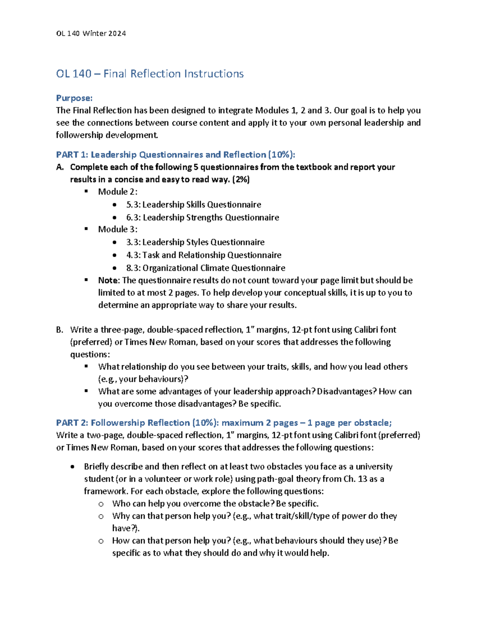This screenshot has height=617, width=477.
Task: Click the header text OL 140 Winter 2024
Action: pos(91,34)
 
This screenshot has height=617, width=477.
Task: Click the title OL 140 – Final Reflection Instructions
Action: pos(150,74)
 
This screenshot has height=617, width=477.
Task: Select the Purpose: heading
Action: pos(74,98)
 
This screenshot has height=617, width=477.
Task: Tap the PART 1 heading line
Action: pos(175,155)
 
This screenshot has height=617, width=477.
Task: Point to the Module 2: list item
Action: pos(118,192)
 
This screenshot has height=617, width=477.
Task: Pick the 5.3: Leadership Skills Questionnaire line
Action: pos(194,205)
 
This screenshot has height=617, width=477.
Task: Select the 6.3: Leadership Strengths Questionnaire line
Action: pos(202,217)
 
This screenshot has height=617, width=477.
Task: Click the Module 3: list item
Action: pos(118,229)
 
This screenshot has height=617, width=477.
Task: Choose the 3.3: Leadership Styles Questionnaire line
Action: pos(195,242)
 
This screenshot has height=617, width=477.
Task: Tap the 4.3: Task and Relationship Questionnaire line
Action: pos(204,255)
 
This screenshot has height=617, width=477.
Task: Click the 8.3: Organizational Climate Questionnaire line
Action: pos(206,268)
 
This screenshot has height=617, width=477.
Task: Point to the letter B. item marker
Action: pos(60,330)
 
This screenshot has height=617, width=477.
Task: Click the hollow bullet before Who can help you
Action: pos(101,504)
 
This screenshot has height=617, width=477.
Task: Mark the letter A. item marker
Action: pos(60,167)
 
